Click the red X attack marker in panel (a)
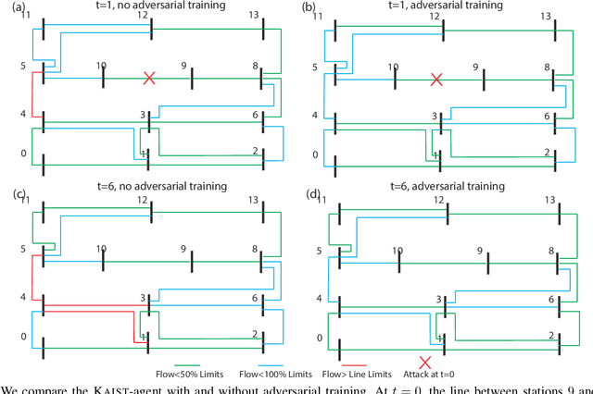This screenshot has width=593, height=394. (x=148, y=79)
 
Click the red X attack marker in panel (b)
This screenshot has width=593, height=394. (x=436, y=80)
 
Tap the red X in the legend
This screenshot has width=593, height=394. (x=425, y=361)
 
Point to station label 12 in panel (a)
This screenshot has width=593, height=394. (x=142, y=16)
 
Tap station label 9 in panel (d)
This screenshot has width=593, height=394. (x=480, y=251)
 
